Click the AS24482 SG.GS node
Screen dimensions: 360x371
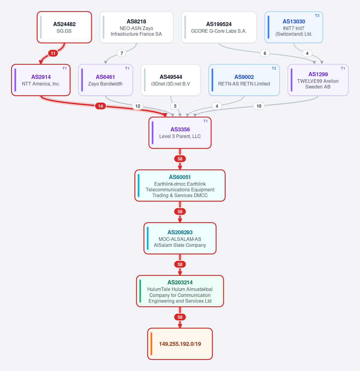coord(64,27)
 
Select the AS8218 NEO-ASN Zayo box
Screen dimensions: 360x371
coord(136,27)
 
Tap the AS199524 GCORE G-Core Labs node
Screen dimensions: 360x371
coord(219,27)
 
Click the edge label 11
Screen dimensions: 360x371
coord(53,53)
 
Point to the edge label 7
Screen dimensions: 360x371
coord(122,53)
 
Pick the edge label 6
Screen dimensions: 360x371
coord(265,53)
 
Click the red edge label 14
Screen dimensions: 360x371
coord(100,106)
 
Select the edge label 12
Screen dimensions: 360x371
coord(138,106)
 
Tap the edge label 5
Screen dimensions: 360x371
coord(175,106)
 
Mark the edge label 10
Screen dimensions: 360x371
coord(259,106)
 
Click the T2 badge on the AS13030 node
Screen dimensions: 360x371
coord(317,16)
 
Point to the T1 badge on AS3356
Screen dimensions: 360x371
coord(205,121)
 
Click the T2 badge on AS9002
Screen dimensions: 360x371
coord(274,68)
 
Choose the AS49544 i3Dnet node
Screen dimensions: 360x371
coord(171,80)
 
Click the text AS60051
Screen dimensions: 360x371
coord(180,177)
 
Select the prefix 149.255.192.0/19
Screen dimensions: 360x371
coord(180,344)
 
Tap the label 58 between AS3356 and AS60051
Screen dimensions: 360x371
coord(180,159)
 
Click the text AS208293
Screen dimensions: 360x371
coord(180,232)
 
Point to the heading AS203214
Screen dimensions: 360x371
coord(180,282)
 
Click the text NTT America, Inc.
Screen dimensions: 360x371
coord(41,84)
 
